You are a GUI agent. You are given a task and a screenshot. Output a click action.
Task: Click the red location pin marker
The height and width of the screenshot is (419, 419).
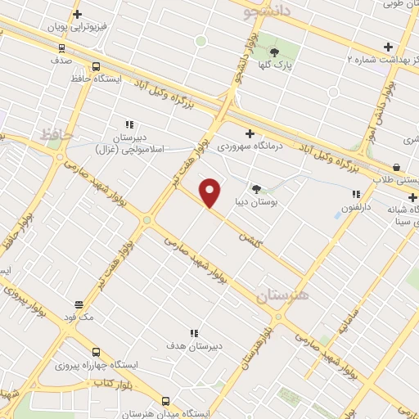(211, 192)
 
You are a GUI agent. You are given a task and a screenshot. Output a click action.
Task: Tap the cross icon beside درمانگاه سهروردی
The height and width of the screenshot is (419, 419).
(250, 133)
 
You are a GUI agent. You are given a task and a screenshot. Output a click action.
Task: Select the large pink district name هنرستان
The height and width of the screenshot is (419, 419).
(282, 295)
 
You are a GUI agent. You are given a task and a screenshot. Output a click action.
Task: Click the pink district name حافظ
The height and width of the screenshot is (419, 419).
(56, 133)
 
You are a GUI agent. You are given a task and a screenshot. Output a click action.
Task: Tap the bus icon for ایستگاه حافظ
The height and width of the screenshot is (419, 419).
(97, 67)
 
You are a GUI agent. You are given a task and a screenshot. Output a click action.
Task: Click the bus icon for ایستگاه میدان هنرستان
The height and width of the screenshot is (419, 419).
(166, 401)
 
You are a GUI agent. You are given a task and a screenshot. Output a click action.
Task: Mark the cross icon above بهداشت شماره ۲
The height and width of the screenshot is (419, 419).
(388, 47)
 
